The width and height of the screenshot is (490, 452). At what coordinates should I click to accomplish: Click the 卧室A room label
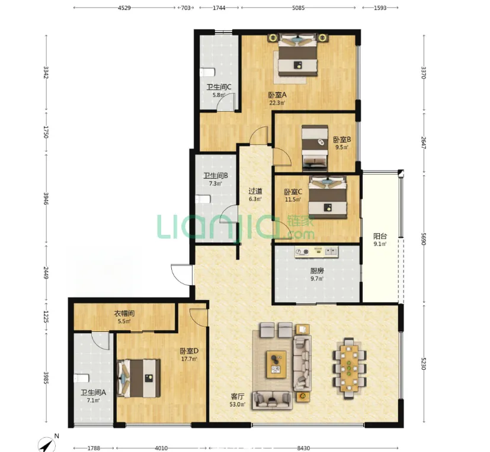click(277, 95)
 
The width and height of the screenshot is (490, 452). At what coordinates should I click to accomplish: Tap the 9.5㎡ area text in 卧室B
click(341, 147)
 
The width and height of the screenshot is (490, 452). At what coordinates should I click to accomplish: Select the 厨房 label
click(317, 271)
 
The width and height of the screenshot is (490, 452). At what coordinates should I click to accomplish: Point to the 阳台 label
click(380, 237)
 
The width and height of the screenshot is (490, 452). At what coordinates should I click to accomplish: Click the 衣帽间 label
click(124, 313)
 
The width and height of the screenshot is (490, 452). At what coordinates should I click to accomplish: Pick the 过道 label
click(255, 191)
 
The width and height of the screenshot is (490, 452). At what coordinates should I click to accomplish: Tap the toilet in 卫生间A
click(81, 378)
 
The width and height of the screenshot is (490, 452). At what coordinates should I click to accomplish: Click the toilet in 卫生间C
click(207, 72)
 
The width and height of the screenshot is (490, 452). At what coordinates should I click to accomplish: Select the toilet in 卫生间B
click(203, 199)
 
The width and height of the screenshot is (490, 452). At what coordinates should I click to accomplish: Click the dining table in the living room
click(349, 368)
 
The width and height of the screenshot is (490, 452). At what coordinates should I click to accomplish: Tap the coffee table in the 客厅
click(276, 364)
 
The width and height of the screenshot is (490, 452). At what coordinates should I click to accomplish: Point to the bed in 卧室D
click(139, 378)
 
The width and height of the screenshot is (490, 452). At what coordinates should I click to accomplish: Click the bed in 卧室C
click(327, 198)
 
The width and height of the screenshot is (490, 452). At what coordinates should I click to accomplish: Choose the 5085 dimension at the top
click(298, 8)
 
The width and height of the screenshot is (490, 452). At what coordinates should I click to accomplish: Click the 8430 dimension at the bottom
click(303, 448)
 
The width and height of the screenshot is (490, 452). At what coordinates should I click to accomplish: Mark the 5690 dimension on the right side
click(424, 238)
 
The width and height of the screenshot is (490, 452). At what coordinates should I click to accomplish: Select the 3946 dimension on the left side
click(46, 199)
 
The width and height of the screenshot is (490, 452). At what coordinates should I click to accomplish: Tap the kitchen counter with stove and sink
click(316, 252)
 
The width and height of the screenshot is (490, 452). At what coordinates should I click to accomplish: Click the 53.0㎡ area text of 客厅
click(237, 405)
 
